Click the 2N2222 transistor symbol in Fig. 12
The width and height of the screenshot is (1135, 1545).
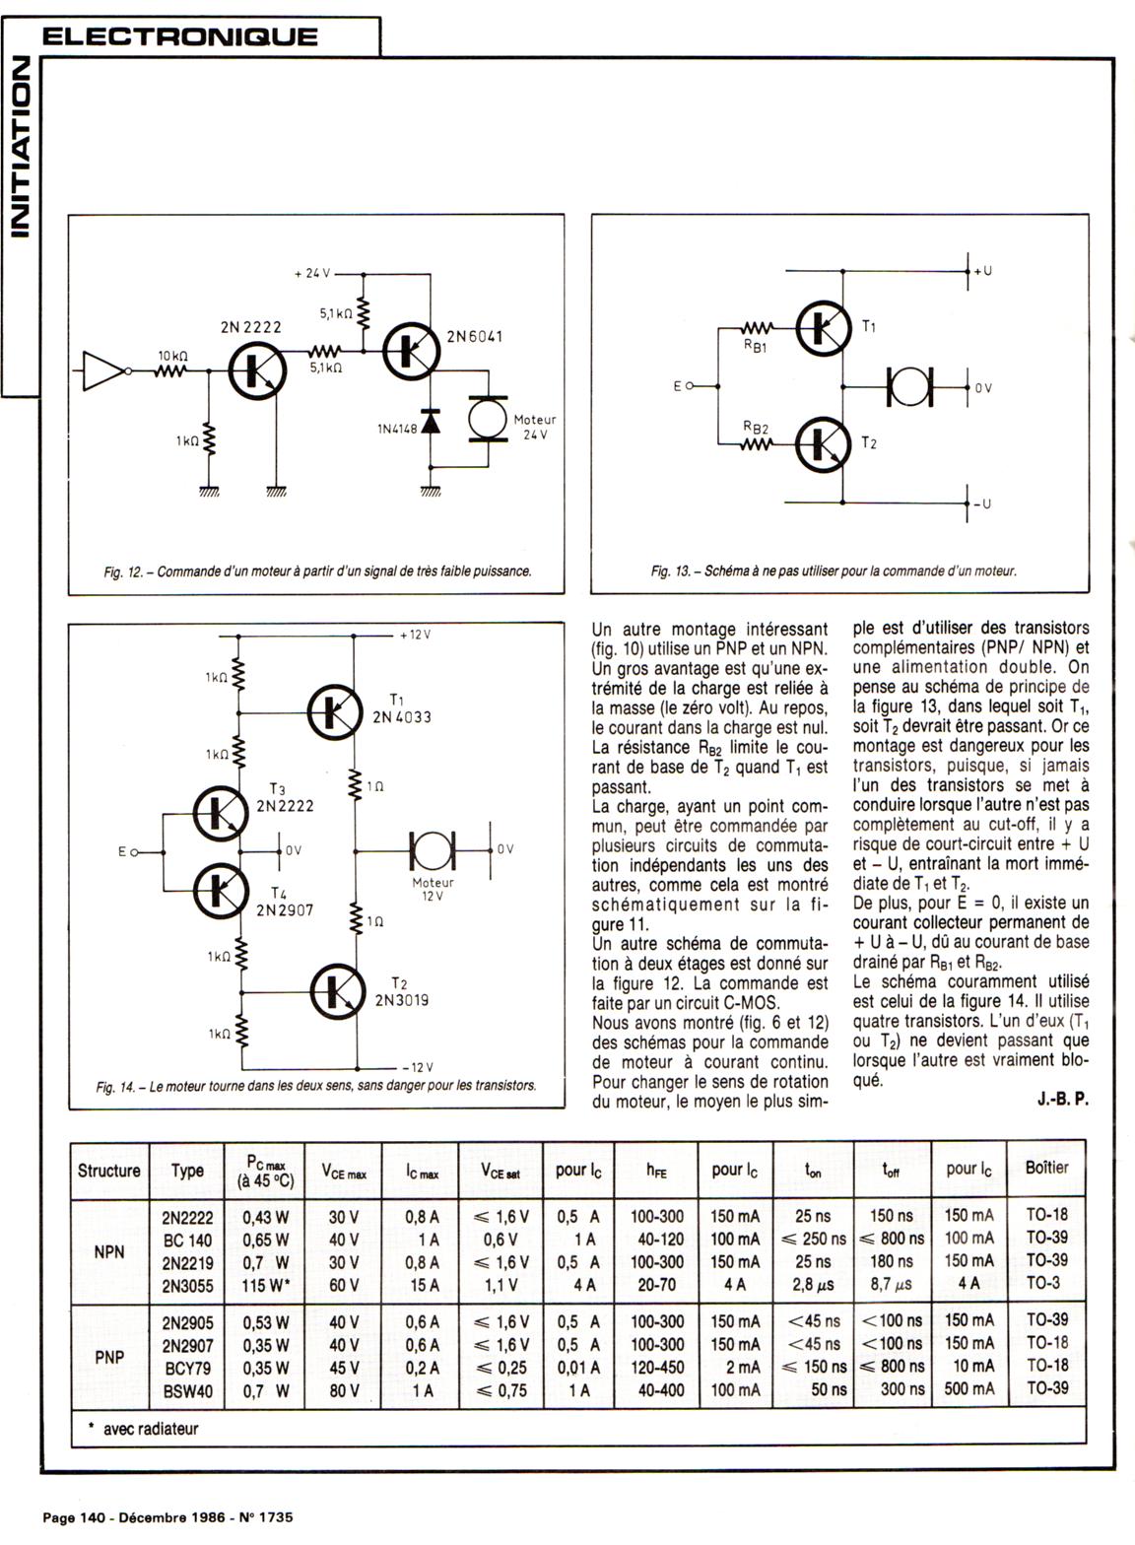[256, 370]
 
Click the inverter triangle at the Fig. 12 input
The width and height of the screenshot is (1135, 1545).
[102, 370]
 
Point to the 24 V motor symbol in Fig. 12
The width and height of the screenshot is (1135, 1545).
[486, 421]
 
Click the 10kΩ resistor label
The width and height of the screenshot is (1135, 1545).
[173, 355]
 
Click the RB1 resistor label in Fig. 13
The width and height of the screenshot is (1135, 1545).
[756, 347]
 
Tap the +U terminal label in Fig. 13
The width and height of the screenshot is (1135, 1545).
[981, 271]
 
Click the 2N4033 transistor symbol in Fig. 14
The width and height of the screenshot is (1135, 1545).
[335, 711]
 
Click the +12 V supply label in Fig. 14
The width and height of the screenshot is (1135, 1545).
[415, 635]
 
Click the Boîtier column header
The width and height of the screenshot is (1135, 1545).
[1046, 1168]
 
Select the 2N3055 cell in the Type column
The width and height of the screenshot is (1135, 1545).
[187, 1284]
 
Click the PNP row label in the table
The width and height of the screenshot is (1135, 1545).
[109, 1357]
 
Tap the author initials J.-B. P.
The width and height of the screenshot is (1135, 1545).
[1062, 1100]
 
